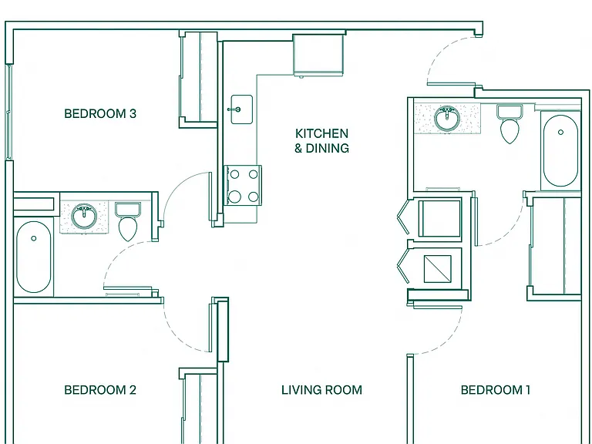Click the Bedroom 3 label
(x=100, y=113)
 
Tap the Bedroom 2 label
(x=100, y=389)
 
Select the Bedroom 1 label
(x=496, y=389)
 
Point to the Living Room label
(x=321, y=389)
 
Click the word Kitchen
(x=321, y=133)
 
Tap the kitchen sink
(x=241, y=109)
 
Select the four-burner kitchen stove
(x=242, y=185)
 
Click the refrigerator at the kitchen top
(x=318, y=55)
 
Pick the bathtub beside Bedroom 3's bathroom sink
(x=34, y=257)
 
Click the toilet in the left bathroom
(x=128, y=222)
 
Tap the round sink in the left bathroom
(x=84, y=217)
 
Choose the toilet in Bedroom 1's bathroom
(x=510, y=124)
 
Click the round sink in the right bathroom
(x=447, y=119)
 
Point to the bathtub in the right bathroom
(x=560, y=150)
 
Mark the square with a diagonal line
(x=438, y=269)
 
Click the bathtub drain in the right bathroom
(x=560, y=132)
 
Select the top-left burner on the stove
(x=234, y=174)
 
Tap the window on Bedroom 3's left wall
(x=8, y=112)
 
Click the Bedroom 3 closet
(x=198, y=79)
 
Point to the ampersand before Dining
(x=298, y=148)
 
